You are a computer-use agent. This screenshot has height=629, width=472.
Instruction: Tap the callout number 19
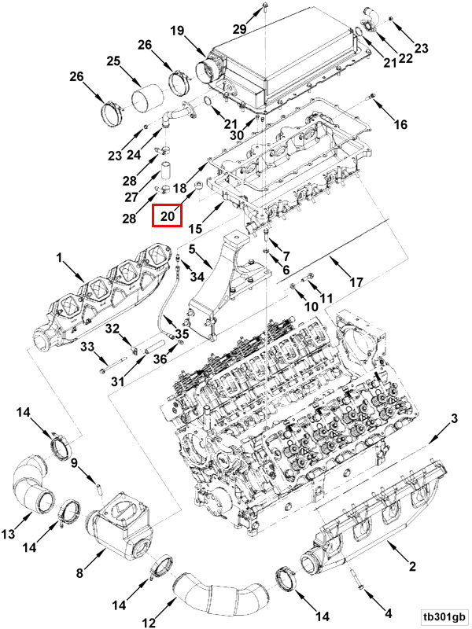pos(176,31)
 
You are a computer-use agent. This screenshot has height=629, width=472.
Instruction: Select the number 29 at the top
pos(239,29)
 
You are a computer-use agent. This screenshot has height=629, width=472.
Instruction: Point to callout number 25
pos(113,61)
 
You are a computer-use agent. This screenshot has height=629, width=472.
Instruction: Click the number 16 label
pos(400,124)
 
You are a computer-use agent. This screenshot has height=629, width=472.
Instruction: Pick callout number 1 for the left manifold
pos(58,257)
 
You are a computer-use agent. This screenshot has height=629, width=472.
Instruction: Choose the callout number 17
pos(356,281)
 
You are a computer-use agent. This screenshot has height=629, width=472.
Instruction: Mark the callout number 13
pos(8,535)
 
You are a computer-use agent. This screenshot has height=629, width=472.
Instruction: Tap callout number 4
pos(387,612)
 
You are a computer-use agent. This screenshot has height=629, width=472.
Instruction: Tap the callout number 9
pos(74,463)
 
